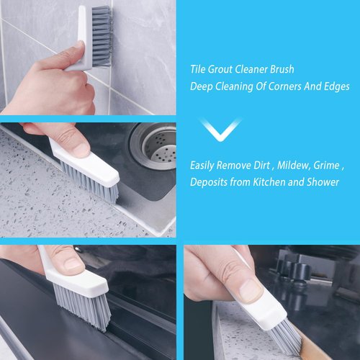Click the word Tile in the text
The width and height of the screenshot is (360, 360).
[x=199, y=70]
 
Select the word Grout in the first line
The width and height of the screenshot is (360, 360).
[x=225, y=70]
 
